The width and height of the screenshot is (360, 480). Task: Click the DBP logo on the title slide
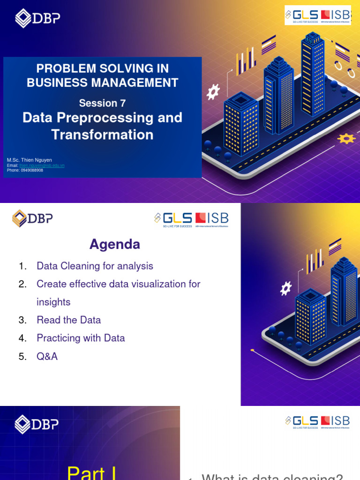(37, 19)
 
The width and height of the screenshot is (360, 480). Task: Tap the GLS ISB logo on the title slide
(317, 15)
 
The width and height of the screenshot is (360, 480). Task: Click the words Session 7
(102, 103)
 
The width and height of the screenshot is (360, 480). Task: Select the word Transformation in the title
(102, 135)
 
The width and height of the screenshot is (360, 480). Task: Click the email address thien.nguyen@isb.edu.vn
(42, 165)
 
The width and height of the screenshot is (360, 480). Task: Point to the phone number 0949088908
(31, 170)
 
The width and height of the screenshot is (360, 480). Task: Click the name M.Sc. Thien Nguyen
(30, 160)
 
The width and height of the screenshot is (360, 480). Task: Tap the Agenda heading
(115, 244)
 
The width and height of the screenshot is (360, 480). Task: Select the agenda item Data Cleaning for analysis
(95, 266)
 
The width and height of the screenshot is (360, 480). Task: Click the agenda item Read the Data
(68, 320)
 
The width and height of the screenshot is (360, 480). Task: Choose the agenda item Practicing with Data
(81, 338)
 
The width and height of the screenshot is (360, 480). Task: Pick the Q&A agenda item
(47, 356)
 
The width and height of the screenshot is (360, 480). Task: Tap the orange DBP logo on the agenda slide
(32, 218)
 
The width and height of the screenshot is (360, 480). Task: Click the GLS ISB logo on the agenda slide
(191, 218)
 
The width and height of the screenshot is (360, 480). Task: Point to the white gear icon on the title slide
(213, 92)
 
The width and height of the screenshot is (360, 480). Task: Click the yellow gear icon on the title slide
(346, 138)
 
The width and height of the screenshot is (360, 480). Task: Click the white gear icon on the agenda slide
(285, 288)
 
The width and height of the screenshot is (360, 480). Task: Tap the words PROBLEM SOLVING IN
(102, 68)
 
